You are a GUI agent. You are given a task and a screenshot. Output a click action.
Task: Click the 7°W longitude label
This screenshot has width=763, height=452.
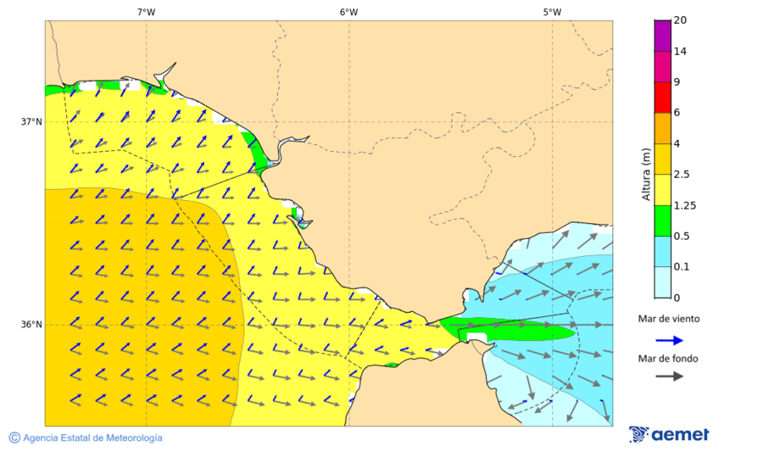pos(146,12)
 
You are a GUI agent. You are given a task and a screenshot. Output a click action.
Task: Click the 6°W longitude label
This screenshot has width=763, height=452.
pos(348,12)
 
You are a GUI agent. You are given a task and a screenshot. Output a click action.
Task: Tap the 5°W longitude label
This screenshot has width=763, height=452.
pos(552,12)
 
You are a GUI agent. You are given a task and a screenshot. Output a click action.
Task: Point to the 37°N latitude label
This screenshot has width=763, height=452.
pos(31,121)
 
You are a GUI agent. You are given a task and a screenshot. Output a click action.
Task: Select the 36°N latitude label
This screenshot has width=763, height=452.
pos(31,325)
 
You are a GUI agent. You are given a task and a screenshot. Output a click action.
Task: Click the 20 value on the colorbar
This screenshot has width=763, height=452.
pos(680,20)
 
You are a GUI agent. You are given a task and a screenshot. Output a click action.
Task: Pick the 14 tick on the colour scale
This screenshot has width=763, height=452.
pos(680,51)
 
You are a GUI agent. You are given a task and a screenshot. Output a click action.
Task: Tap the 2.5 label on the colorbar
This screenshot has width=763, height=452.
pos(681,175)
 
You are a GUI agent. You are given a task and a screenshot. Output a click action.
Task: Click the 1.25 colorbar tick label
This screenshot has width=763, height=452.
pos(683,205)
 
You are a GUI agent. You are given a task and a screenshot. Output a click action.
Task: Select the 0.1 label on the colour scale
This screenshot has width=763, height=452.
pos(681,267)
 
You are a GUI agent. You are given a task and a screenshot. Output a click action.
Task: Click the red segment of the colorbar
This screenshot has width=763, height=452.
pos(662,98)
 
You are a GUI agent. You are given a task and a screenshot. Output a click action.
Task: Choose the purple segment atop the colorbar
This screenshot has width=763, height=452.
pos(662,36)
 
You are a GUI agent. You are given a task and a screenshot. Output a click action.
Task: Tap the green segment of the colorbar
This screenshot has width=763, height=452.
pos(662,220)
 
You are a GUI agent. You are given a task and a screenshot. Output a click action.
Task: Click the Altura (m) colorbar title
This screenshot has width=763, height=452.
pos(646,175)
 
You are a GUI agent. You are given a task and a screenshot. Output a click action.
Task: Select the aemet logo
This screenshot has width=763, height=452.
pos(669,434)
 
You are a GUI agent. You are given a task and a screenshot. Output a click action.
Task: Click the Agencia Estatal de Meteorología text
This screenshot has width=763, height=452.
pos(92,438)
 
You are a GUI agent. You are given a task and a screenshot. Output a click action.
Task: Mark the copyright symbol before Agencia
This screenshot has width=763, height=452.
pos(14,438)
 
